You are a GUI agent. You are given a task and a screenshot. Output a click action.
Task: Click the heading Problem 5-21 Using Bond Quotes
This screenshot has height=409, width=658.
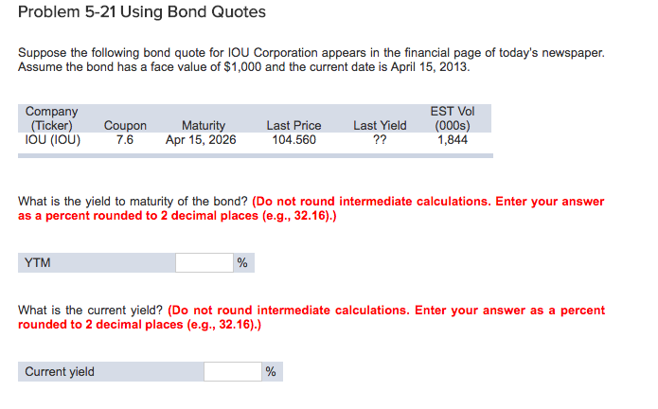[x=141, y=13]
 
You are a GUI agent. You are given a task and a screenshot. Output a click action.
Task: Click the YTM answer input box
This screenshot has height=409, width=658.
[x=204, y=262]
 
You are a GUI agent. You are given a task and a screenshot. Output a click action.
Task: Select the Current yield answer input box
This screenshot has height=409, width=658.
[x=232, y=371]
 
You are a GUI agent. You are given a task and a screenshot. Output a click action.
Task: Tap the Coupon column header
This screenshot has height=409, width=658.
[x=125, y=125]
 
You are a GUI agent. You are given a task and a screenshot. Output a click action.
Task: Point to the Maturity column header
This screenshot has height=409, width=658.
[x=203, y=125]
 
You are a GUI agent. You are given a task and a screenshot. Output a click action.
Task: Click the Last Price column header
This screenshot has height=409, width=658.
[x=293, y=125]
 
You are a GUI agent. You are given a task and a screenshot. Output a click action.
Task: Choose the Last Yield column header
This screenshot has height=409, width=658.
[x=380, y=125]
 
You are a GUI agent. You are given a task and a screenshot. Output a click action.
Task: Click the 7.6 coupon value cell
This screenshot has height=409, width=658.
[x=125, y=140]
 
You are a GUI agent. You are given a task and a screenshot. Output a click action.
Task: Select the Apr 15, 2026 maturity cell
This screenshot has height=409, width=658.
[x=201, y=140]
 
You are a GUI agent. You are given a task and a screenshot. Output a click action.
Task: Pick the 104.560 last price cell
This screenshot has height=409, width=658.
[x=293, y=140]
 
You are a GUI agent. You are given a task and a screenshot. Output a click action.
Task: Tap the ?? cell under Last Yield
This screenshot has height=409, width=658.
[x=380, y=140]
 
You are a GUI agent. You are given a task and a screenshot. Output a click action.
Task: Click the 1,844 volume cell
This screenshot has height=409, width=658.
[x=453, y=140]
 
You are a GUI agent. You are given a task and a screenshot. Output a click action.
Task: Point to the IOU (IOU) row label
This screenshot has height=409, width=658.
[x=53, y=140]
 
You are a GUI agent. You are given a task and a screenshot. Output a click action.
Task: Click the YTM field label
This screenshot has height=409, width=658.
[x=38, y=262]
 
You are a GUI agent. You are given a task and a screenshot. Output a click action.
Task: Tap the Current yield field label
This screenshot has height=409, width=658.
[x=60, y=371]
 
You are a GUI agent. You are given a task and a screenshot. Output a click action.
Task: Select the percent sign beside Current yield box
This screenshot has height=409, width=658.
[x=271, y=372]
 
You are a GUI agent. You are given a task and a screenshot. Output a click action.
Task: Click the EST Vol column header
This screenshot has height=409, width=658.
[x=453, y=117]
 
